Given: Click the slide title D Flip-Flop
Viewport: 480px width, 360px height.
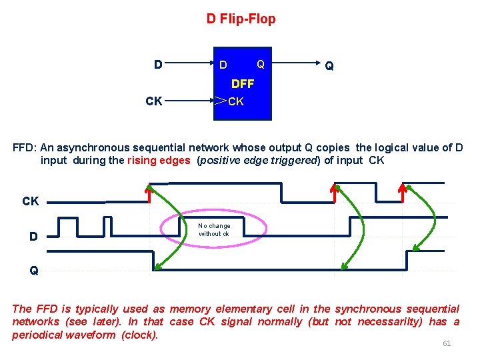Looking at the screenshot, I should (241, 19).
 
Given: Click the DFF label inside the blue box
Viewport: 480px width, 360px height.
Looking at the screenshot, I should (242, 84).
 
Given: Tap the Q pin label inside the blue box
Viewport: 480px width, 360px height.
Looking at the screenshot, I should (261, 64).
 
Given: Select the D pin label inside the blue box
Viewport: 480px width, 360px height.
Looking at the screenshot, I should (223, 65).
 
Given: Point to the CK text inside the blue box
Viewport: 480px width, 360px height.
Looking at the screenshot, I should (237, 101).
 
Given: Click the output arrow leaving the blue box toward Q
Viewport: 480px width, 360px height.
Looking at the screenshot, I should (293, 65).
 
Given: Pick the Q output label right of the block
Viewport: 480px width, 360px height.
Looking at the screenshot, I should (329, 65).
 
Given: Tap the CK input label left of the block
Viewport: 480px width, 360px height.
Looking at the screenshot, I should (153, 101).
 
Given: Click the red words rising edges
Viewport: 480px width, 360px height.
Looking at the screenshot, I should (158, 160).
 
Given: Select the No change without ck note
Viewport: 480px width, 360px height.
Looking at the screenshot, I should (214, 230).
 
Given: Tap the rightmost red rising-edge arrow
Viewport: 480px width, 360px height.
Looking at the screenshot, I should (402, 192).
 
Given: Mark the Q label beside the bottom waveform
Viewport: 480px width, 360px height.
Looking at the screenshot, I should (33, 271).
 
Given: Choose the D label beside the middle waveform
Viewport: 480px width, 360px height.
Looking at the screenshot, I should (33, 235).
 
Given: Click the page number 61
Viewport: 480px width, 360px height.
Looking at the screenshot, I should (447, 343).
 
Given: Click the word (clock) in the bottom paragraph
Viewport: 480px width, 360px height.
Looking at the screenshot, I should (139, 335).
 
